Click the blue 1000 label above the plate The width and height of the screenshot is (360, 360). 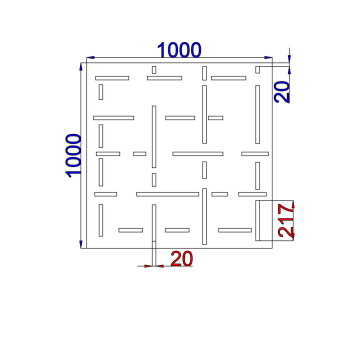179,49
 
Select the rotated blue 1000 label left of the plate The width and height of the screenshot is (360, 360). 73,156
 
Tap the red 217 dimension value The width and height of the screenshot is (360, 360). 285,220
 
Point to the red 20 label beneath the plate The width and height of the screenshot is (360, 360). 181,258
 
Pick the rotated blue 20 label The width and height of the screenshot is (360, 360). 281,92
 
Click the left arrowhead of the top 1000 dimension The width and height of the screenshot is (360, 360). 90,57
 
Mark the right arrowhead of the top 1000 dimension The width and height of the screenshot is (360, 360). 268,57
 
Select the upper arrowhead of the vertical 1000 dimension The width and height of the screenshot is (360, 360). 81,66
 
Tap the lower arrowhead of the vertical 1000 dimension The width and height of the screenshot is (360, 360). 81,244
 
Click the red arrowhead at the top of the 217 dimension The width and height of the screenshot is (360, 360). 293,204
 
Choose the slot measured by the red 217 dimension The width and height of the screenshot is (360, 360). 257,220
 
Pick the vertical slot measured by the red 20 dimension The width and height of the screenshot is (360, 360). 154,223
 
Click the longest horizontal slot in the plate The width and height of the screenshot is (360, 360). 167,194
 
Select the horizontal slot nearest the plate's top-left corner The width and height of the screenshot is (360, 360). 112,78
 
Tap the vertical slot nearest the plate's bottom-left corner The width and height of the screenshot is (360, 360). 101,220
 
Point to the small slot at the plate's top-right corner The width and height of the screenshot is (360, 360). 257,70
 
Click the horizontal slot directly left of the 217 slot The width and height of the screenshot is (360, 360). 235,230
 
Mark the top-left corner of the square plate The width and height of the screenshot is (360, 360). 87,63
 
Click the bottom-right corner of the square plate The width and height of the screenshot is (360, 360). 272,248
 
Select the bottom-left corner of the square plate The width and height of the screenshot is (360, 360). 87,248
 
